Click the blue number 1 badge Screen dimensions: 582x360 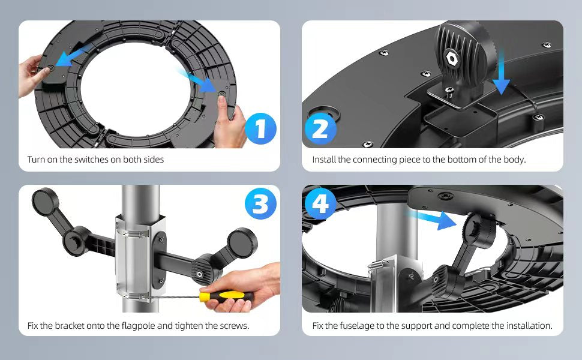tap(260, 128)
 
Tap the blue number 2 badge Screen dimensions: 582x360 tap(320, 129)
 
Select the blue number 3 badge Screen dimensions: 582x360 tap(260, 203)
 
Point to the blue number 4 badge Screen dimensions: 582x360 tap(320, 203)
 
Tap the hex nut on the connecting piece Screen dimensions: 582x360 tap(452, 58)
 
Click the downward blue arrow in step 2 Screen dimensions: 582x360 tap(501, 73)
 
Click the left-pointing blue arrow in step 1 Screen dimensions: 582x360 tap(73, 56)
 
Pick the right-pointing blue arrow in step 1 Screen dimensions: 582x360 tap(197, 80)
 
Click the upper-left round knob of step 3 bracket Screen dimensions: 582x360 tap(45, 201)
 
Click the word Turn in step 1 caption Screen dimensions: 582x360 tap(36, 160)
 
